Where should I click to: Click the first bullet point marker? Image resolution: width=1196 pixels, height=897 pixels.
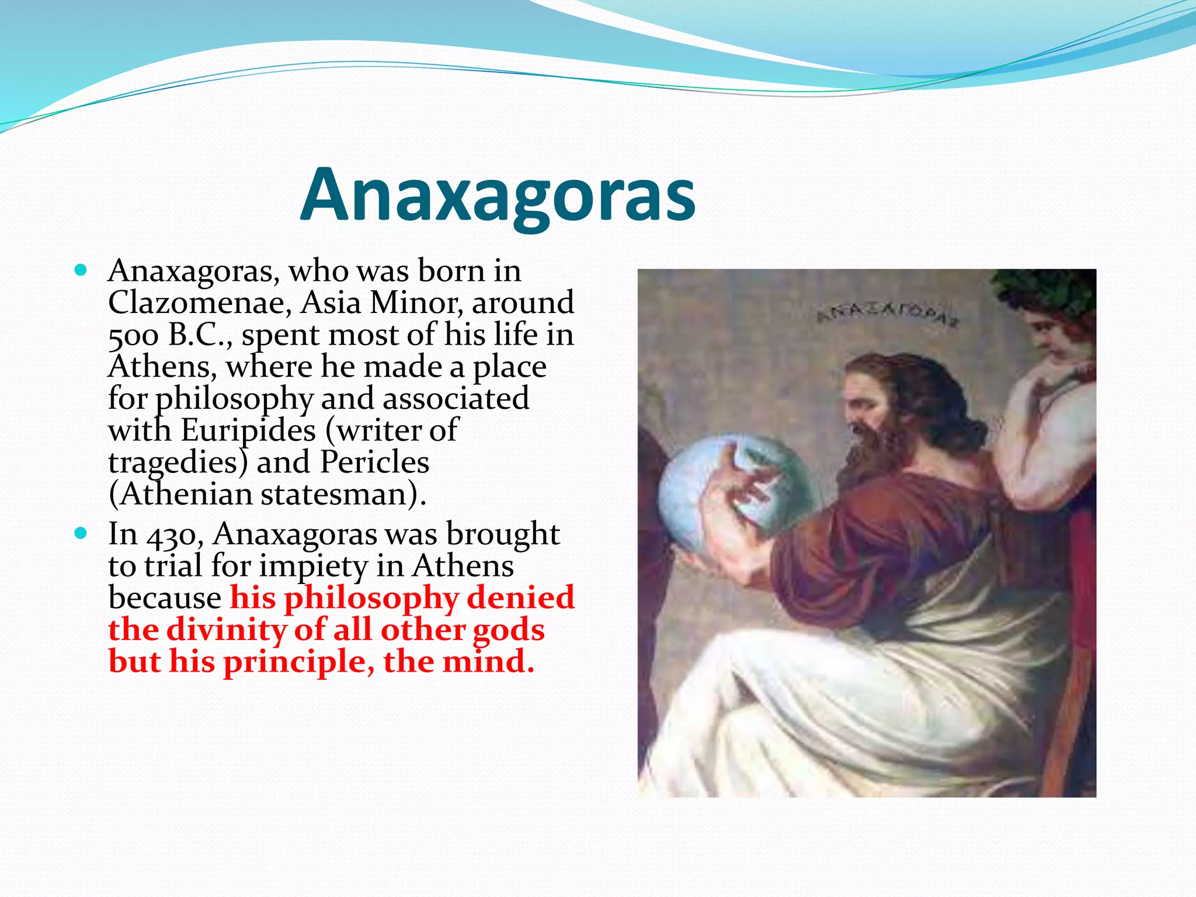tap(81, 270)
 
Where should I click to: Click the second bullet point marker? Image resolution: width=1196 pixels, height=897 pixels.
tap(81, 533)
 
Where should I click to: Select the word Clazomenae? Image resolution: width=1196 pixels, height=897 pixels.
tap(200, 303)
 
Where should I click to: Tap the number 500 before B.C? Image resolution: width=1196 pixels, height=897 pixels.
tap(133, 335)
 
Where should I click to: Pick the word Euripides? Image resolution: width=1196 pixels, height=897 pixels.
tap(248, 431)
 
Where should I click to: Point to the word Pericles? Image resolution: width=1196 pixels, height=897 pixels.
tap(374, 463)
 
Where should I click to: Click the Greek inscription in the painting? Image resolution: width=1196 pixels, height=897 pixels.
tap(887, 314)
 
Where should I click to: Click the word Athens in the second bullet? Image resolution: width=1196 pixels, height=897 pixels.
tap(463, 566)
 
